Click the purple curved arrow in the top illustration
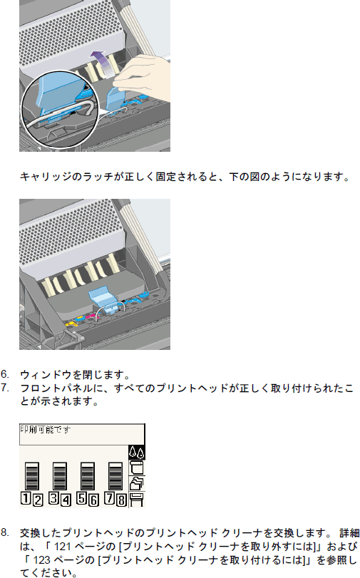pos(101,63)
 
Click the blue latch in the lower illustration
pos(104,299)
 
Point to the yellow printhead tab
pos(71,324)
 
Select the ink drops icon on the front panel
pos(136,453)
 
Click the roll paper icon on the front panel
pos(136,468)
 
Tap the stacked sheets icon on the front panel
pos(136,483)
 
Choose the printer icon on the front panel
pos(136,499)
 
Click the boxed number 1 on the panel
pos(25,497)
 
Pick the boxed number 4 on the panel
pos(66,500)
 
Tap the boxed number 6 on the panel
pos(93,500)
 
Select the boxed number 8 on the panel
pos(122,500)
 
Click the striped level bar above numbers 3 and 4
pos(60,476)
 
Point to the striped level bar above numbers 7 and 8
pos(115,476)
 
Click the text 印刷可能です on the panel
pos(45,430)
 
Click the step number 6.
pos(4,374)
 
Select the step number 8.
pos(4,532)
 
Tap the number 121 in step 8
pos(63,547)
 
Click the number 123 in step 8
pos(41,560)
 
